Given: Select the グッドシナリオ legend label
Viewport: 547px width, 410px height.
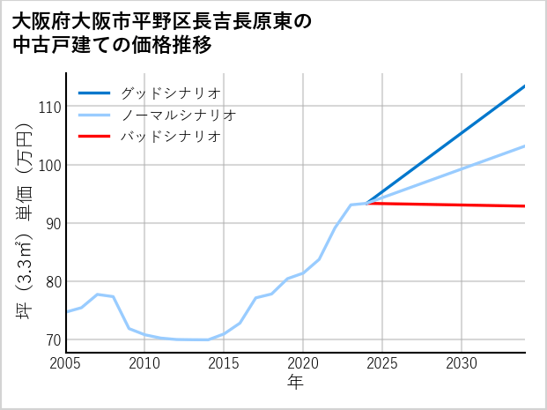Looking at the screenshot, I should pyautogui.click(x=170, y=93).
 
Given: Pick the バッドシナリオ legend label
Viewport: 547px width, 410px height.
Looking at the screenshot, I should pyautogui.click(x=170, y=137).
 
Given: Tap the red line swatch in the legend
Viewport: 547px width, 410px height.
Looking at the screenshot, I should pyautogui.click(x=94, y=137).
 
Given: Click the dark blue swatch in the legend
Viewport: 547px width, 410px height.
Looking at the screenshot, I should pyautogui.click(x=94, y=93).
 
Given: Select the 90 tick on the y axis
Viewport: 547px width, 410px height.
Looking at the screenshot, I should pyautogui.click(x=52, y=223).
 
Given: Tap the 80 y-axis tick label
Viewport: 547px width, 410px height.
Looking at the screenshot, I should pyautogui.click(x=52, y=281).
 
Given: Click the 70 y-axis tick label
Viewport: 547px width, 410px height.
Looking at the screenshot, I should pyautogui.click(x=52, y=339).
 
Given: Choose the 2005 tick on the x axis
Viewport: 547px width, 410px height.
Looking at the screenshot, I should pyautogui.click(x=66, y=363).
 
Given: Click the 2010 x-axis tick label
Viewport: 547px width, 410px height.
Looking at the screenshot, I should pyautogui.click(x=144, y=363).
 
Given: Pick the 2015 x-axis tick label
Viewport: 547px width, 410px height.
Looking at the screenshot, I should pyautogui.click(x=224, y=363).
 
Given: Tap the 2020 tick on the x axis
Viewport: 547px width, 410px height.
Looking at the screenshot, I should pyautogui.click(x=303, y=363).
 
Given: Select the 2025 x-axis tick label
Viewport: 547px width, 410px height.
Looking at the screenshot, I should pyautogui.click(x=382, y=363).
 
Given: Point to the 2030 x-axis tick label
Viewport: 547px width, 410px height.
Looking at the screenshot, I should pyautogui.click(x=462, y=363).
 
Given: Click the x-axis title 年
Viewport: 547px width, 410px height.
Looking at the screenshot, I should pyautogui.click(x=295, y=383).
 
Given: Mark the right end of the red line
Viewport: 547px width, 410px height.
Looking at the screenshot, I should pyautogui.click(x=524, y=206).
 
